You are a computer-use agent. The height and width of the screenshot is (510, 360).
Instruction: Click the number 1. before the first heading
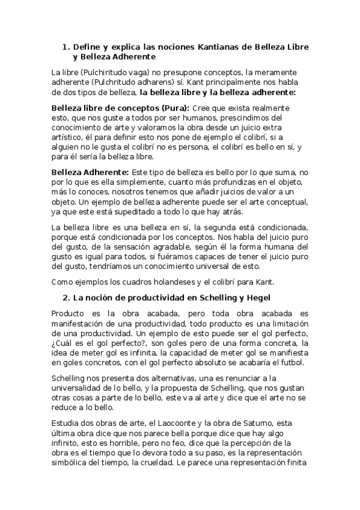click(66, 46)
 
